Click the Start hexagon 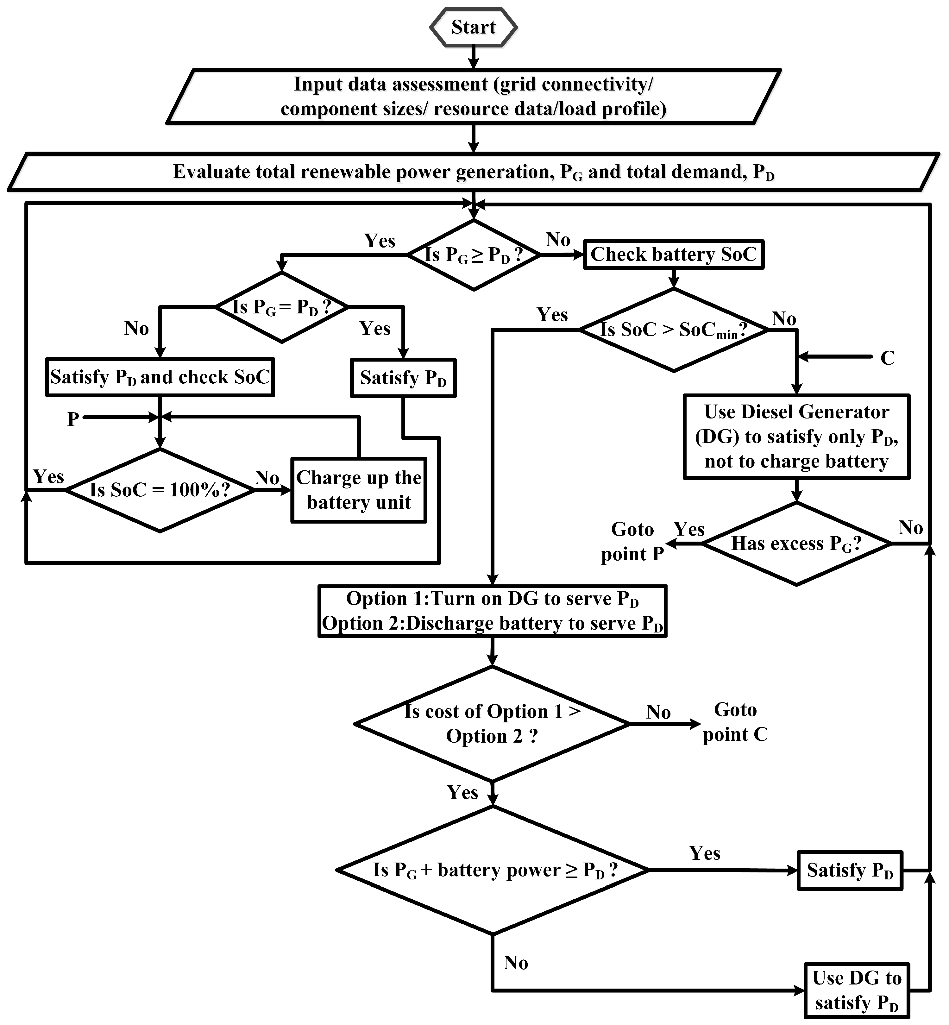coord(473,27)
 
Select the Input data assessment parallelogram coord(473,97)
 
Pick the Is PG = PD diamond coord(281,307)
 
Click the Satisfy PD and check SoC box coord(160,377)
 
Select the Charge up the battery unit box coord(358,490)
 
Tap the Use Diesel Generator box coord(796,437)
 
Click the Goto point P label coord(632,542)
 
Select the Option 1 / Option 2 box coord(492,611)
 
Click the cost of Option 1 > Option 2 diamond coord(492,724)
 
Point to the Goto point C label coord(735,722)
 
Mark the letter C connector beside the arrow coord(887,358)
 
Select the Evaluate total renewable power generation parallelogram coord(473,172)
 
